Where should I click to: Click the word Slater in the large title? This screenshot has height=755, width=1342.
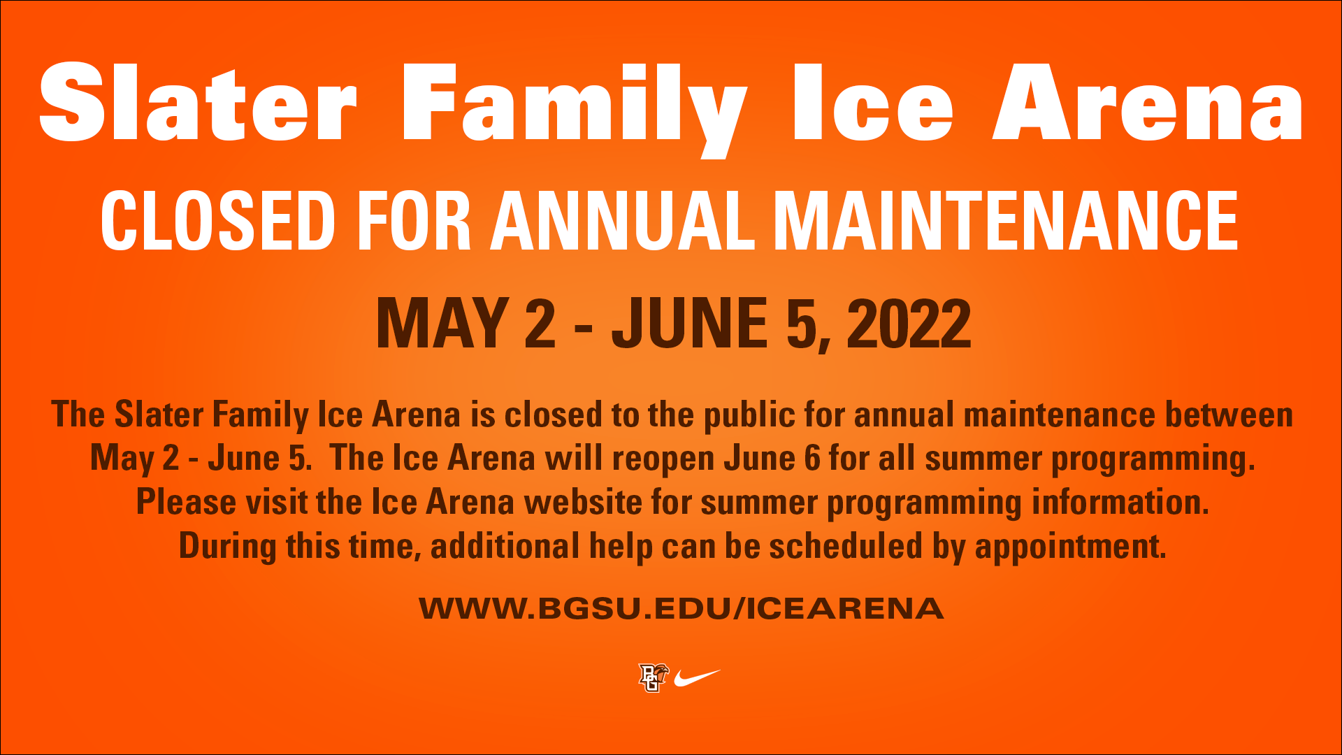coord(199,102)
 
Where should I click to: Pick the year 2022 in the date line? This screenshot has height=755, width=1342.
coord(909,323)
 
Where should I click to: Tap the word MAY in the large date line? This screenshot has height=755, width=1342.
coord(442,323)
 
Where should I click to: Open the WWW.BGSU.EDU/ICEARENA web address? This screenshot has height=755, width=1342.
coord(681,608)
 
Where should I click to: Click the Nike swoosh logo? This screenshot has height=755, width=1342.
coord(696,677)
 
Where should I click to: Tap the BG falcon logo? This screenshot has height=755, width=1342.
coord(653,677)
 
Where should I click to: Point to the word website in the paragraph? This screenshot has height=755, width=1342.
coord(583,502)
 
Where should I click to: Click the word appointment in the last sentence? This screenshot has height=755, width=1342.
coord(1070,547)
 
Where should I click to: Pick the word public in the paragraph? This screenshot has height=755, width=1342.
coord(749,416)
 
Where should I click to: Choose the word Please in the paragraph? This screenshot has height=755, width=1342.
coord(187,502)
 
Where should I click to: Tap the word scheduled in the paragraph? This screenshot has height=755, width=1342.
coord(846,546)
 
